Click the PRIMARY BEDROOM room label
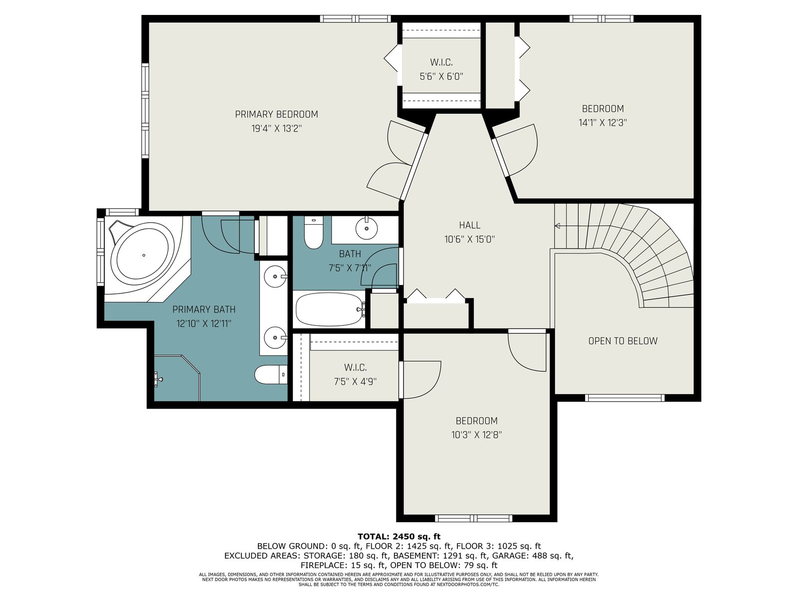click(276, 115)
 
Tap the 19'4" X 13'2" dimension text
click(277, 129)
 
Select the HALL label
click(470, 225)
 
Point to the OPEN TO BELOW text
click(623, 341)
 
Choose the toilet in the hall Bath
click(313, 232)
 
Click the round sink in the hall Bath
click(367, 228)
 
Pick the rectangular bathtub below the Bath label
click(330, 309)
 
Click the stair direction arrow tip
click(555, 226)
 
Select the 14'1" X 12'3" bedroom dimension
click(603, 123)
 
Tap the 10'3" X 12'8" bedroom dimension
click(477, 435)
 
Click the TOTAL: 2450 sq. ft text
click(399, 536)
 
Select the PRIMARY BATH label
click(203, 309)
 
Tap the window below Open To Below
click(624, 398)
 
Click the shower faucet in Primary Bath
click(158, 378)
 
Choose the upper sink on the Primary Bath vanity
click(275, 276)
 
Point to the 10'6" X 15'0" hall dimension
click(470, 239)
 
